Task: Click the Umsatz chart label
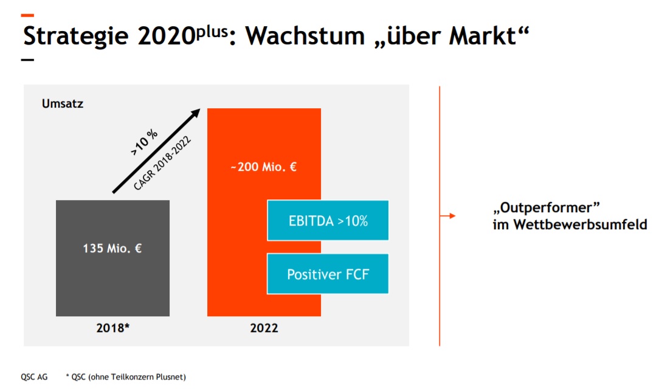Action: pyautogui.click(x=63, y=103)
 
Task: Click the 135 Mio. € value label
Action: pyautogui.click(x=112, y=248)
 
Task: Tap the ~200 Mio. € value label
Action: pyautogui.click(x=264, y=167)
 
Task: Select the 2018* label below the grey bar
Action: pyautogui.click(x=113, y=328)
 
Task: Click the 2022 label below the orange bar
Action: pyautogui.click(x=264, y=328)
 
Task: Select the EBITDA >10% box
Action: pyautogui.click(x=328, y=221)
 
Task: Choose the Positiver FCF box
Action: pyautogui.click(x=328, y=274)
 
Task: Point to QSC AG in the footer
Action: pyautogui.click(x=34, y=377)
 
